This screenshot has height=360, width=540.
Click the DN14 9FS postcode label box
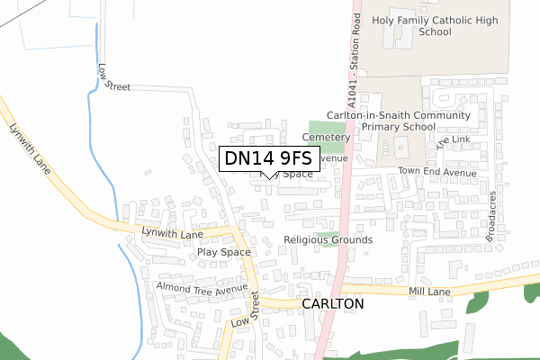coord(267,158)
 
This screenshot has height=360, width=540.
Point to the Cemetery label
coord(325,138)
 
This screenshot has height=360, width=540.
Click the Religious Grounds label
coord(328,240)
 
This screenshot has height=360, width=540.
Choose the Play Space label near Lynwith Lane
coord(224,252)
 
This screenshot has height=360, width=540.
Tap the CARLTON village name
coord(334,304)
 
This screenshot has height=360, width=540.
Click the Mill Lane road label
coord(428,292)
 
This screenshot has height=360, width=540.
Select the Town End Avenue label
coord(436,171)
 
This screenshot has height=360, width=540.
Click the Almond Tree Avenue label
coord(202,289)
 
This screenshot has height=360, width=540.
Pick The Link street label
coord(453,138)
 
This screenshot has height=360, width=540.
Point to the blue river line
coord(109,180)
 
